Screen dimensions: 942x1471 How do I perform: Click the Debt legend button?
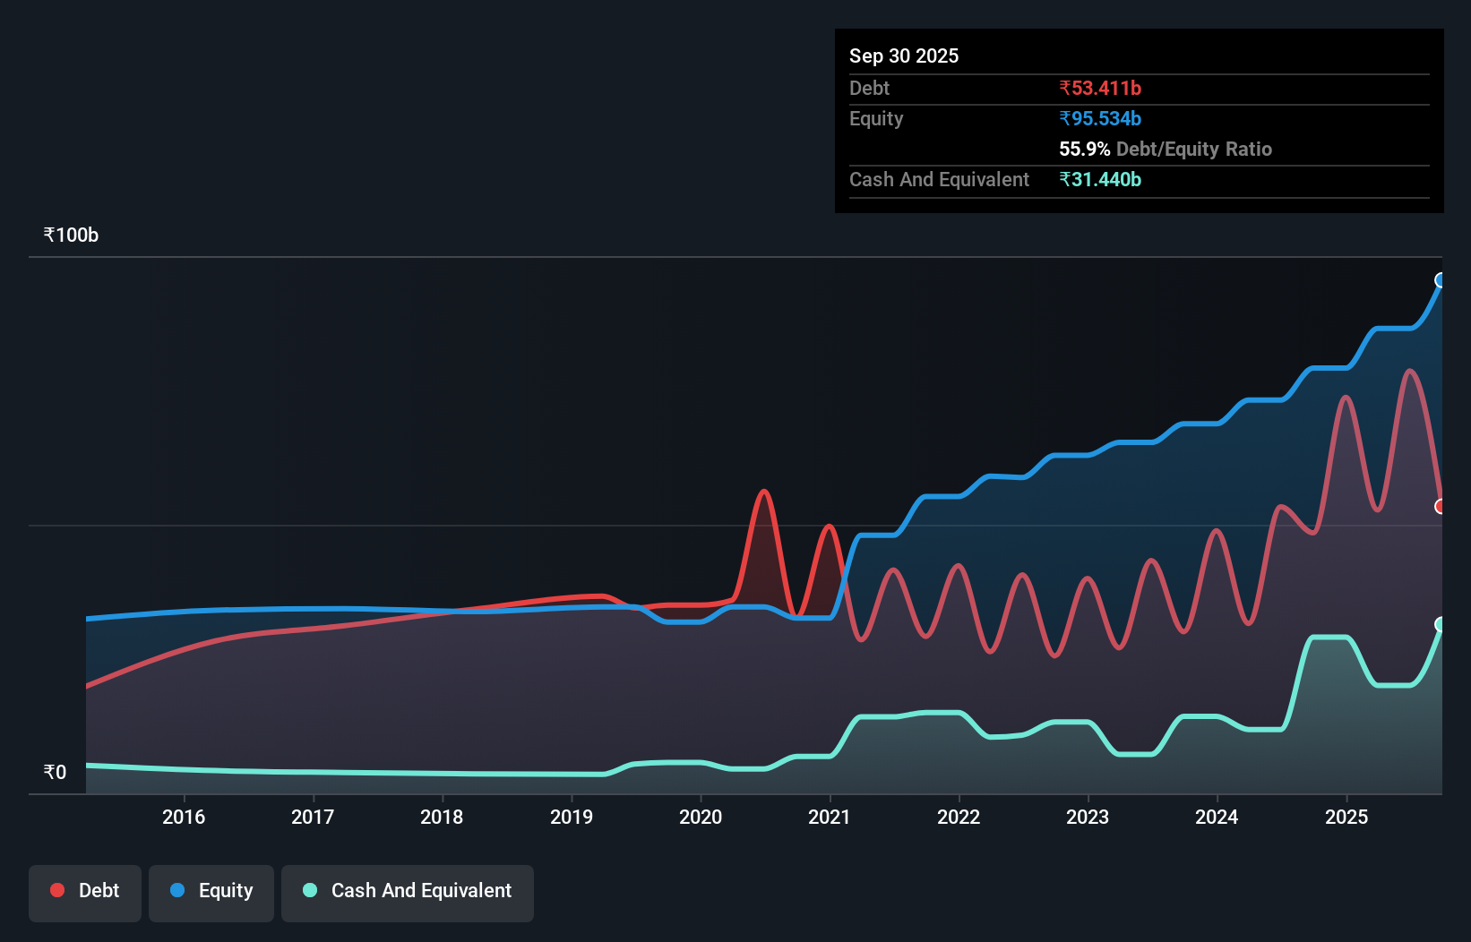tap(85, 891)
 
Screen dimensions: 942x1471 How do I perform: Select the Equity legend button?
tap(211, 891)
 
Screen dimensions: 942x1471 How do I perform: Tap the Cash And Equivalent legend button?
tap(408, 891)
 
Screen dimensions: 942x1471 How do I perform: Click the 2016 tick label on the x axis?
tap(184, 817)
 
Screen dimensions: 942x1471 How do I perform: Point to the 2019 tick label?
tap(572, 817)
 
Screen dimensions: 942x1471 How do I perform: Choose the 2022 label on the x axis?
tap(959, 817)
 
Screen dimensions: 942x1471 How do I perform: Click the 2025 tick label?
tap(1346, 817)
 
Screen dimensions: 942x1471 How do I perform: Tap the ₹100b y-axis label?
tap(71, 235)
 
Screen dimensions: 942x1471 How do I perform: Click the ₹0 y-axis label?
tap(55, 772)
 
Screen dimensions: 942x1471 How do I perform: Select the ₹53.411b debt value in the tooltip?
tap(1100, 88)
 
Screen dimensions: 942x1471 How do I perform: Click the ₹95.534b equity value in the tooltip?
tap(1100, 118)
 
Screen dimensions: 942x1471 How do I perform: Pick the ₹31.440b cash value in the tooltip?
tap(1100, 179)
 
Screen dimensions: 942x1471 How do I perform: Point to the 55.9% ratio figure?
tap(1084, 149)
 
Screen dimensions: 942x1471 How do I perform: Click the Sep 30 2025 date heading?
tap(904, 56)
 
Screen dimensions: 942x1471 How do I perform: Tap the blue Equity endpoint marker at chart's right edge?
tap(1441, 280)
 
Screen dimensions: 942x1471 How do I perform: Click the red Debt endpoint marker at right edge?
tap(1441, 507)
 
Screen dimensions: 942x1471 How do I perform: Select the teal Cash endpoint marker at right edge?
tap(1441, 624)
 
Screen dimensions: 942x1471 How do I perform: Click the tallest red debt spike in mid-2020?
tap(764, 492)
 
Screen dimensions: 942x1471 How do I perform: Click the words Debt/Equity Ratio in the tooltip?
tap(1193, 149)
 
